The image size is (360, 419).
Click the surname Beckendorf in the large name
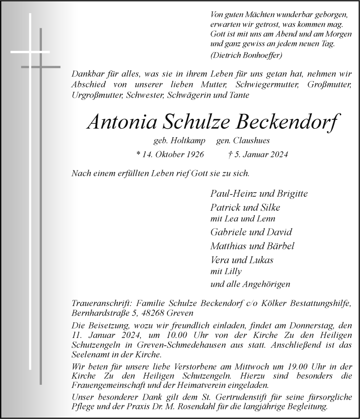click(x=286, y=122)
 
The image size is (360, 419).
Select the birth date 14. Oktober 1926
click(x=170, y=154)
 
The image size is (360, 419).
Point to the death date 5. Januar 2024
click(x=258, y=154)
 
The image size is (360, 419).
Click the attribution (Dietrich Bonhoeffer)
click(x=246, y=55)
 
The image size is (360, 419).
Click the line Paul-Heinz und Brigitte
click(x=259, y=194)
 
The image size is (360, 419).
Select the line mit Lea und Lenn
click(x=243, y=219)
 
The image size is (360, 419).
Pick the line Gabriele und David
click(x=251, y=232)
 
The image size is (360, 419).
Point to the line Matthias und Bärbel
click(x=252, y=246)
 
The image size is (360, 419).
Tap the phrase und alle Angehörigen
click(x=250, y=284)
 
